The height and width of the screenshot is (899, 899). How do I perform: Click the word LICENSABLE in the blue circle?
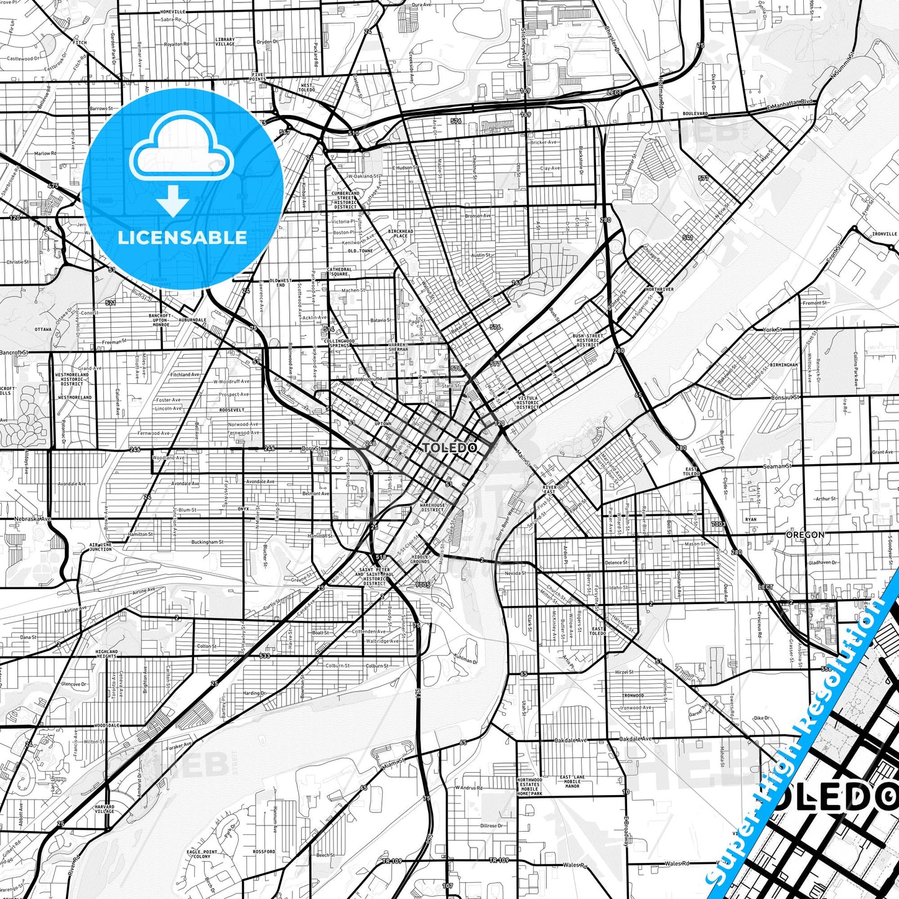coord(182,237)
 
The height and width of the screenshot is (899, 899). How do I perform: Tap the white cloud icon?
coord(181,149)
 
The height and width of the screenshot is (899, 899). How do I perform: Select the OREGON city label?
coord(804,534)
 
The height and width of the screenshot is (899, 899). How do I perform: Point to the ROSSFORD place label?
coord(264,852)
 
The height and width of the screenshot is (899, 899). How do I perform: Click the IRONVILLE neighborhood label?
coord(884,234)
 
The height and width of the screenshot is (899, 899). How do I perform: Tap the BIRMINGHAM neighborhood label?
coord(783,365)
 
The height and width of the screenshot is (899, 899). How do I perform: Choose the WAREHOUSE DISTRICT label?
coord(432,507)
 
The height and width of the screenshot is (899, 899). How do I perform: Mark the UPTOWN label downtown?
coord(383,424)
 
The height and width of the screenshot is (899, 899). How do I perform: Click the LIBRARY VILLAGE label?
coord(225,42)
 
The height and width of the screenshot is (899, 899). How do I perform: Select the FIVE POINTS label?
coord(258,77)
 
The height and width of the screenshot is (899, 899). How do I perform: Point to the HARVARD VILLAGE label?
coord(105,809)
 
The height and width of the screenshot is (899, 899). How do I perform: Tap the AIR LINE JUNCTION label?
coord(100,546)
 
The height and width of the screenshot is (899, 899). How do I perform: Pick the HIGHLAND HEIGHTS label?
coord(106,654)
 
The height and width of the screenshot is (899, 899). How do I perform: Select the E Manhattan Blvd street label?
coord(790,103)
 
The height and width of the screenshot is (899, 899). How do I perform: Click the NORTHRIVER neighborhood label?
coord(659,289)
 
